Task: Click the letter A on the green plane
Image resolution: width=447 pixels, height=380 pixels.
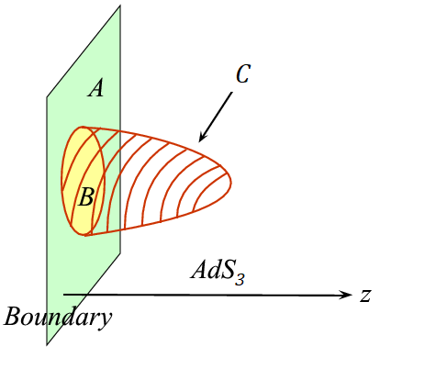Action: (x=95, y=88)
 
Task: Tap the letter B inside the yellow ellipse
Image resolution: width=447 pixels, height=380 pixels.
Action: (x=86, y=196)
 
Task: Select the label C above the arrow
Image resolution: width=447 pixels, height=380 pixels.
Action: (x=243, y=74)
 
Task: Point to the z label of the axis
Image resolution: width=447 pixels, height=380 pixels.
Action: (x=365, y=296)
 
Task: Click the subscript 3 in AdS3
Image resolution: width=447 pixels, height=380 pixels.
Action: (x=240, y=279)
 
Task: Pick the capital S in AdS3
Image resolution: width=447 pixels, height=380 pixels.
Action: (x=227, y=270)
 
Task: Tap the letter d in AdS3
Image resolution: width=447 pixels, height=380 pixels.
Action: (x=211, y=270)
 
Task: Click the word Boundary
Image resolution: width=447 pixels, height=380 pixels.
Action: (x=58, y=318)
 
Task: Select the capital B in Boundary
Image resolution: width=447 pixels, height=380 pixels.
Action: (x=13, y=316)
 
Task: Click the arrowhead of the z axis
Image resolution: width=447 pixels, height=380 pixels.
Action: (x=346, y=295)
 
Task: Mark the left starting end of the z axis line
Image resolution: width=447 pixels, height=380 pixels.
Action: (x=63, y=295)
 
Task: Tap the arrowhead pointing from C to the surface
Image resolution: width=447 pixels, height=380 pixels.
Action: (x=202, y=137)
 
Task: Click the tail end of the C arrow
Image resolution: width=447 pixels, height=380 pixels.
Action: (x=232, y=92)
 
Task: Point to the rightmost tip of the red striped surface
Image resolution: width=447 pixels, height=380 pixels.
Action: (x=231, y=183)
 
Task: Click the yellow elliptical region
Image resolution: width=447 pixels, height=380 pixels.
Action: (x=84, y=181)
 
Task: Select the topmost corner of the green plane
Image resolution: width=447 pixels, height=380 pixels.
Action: (x=120, y=5)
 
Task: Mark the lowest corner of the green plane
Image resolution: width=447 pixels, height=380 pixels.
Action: (x=47, y=346)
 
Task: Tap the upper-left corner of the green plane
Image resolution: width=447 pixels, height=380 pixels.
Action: (x=47, y=97)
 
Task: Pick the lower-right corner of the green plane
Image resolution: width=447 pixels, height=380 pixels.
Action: (x=120, y=253)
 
